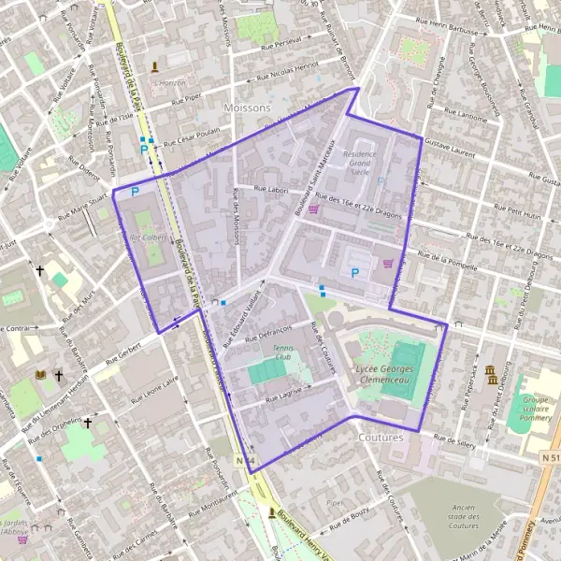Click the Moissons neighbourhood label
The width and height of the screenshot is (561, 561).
pyautogui.click(x=247, y=108)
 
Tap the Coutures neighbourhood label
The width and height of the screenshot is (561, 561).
pyautogui.click(x=381, y=437)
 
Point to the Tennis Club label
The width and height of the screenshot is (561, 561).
pyautogui.click(x=282, y=352)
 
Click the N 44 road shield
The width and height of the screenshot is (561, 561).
pyautogui.click(x=245, y=461)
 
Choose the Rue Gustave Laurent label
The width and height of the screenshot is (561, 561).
pyautogui.click(x=449, y=147)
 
